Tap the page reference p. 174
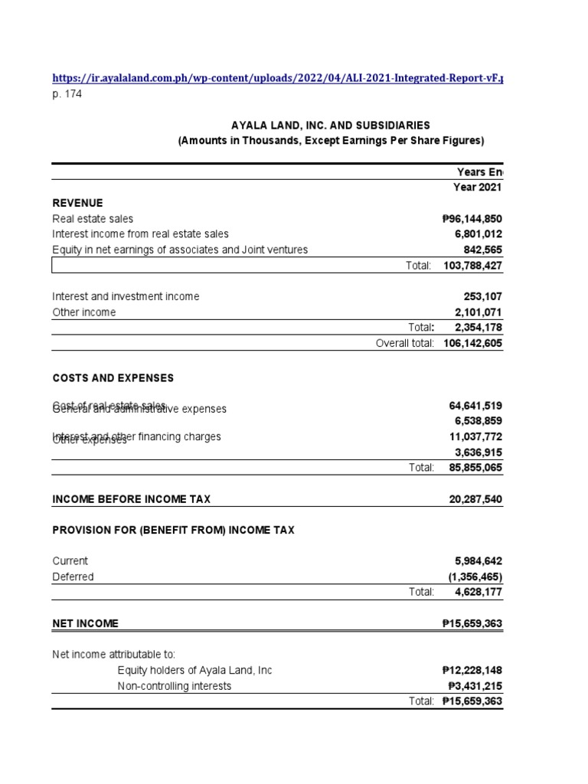(67, 94)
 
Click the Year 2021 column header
(478, 188)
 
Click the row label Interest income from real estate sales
(140, 234)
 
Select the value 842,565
(482, 250)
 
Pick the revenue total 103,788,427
(472, 265)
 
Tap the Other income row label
(84, 312)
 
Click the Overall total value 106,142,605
(472, 343)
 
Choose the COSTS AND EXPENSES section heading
(113, 378)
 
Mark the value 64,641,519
(475, 406)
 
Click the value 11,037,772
(475, 436)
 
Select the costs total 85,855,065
(475, 467)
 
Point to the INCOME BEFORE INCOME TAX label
(131, 499)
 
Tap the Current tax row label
(70, 561)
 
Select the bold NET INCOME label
(85, 623)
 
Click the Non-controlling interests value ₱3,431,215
(472, 686)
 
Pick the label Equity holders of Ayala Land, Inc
(194, 671)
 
